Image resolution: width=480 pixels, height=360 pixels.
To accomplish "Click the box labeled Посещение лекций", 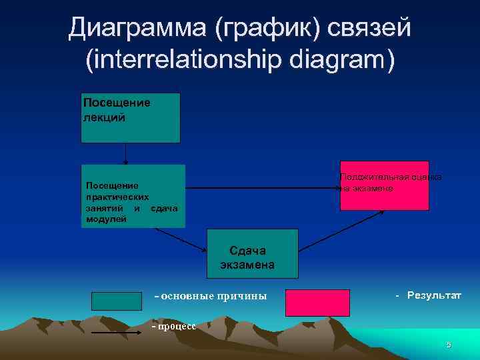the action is click(x=131, y=118).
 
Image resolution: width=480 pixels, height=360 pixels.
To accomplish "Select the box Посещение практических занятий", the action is click(x=133, y=197).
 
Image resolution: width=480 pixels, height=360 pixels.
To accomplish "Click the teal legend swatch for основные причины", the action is click(x=117, y=301).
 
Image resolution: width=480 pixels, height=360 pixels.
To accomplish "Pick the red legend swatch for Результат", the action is click(x=317, y=302).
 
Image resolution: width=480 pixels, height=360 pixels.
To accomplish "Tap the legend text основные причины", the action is click(x=210, y=296).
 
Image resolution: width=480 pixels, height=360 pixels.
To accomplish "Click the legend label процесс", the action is click(x=175, y=326).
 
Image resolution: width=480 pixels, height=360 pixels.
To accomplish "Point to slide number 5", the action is click(x=449, y=345).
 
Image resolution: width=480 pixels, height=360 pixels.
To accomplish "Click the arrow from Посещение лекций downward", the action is click(x=125, y=153).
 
